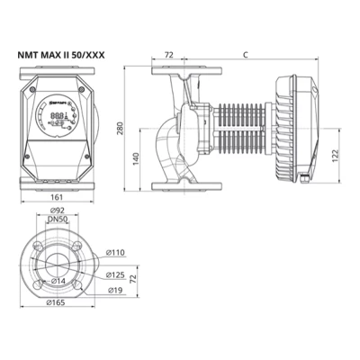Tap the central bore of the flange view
(x=58, y=261)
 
